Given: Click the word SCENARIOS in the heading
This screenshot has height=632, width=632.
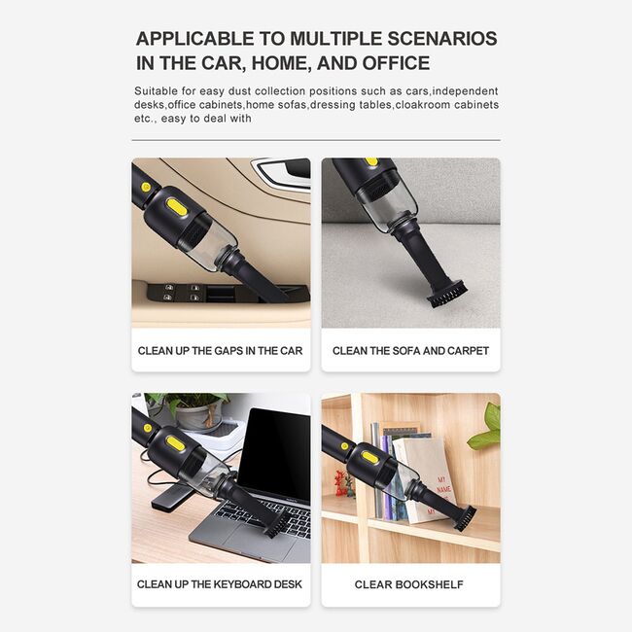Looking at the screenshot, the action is click(442, 39).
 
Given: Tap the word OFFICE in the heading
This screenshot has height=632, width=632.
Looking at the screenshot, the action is click(396, 63).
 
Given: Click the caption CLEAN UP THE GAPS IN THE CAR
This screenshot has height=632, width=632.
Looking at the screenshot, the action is click(220, 351).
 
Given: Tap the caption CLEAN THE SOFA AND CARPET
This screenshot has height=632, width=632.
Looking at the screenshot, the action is click(410, 351).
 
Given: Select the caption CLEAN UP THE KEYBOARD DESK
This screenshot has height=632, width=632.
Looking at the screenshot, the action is click(220, 584).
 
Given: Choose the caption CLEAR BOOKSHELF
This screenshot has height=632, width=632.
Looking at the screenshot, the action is click(408, 584).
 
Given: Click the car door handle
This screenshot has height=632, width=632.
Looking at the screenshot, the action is click(282, 171).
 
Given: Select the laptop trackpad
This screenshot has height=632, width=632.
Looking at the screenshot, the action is click(238, 541).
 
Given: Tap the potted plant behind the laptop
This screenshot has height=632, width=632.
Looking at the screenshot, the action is click(193, 412).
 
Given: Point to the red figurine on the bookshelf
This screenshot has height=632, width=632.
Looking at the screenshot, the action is click(342, 483).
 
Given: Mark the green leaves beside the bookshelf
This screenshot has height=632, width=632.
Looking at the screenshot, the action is click(486, 429).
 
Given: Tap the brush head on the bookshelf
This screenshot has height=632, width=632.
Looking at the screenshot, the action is click(465, 518).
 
